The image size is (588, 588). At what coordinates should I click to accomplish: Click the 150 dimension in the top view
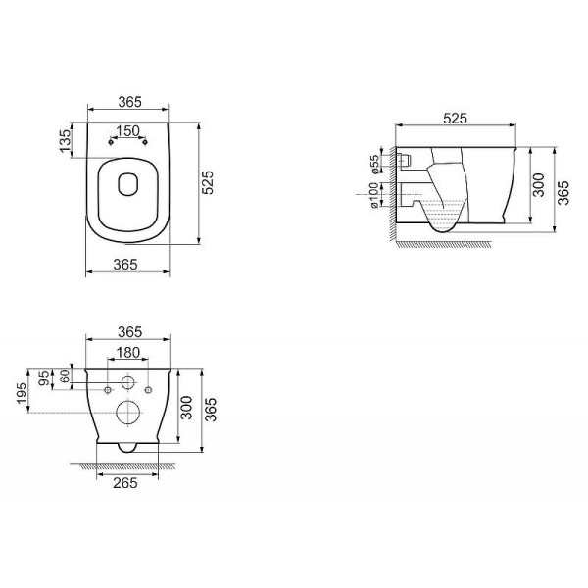click(128, 130)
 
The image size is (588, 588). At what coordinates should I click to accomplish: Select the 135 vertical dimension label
click(66, 140)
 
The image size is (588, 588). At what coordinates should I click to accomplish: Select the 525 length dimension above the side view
click(454, 119)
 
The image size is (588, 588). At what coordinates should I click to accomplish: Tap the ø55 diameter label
click(373, 162)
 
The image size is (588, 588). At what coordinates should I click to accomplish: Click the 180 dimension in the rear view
click(128, 353)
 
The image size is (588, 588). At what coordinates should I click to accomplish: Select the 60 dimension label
click(66, 376)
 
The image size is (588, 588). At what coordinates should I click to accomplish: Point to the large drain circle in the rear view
click(127, 413)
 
